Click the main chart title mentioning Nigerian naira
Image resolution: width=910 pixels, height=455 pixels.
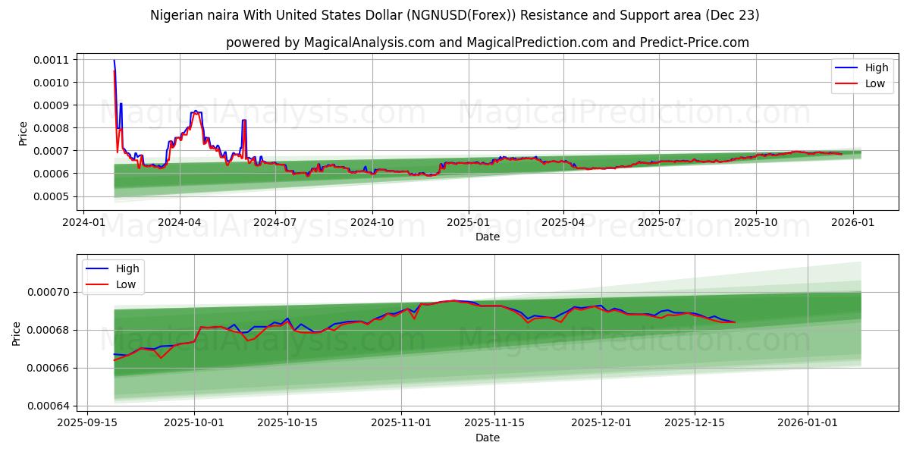tap(454, 15)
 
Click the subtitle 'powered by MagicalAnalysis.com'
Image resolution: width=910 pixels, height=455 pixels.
tap(487, 42)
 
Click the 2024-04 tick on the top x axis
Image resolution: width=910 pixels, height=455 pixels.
tap(179, 222)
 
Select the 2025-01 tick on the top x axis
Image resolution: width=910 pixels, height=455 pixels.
tap(468, 222)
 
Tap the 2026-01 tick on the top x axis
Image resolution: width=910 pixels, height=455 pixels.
tap(853, 222)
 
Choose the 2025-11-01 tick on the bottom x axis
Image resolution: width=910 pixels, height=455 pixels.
tap(401, 422)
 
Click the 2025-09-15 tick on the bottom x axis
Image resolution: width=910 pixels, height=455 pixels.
tap(88, 422)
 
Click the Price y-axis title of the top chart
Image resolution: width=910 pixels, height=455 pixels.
tap(23, 133)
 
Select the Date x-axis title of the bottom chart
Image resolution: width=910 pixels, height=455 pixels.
tap(487, 438)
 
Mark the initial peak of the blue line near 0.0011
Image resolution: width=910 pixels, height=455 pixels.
tap(114, 61)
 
